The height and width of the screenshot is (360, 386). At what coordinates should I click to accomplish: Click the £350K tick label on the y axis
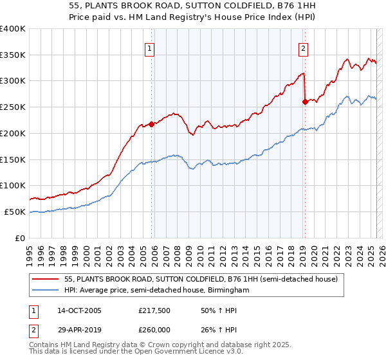13,55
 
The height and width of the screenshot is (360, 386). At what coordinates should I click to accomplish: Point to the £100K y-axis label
13,186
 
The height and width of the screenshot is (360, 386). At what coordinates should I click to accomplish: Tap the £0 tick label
20,238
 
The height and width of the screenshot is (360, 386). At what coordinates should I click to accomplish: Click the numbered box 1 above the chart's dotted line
149,48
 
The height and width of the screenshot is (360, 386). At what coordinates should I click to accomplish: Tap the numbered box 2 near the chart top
302,48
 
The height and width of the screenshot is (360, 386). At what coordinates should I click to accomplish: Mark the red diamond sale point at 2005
152,124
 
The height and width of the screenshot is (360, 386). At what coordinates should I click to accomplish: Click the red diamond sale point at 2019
305,102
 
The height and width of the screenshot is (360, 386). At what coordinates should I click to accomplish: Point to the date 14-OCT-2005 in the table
79,310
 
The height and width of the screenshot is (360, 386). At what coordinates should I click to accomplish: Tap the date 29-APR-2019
79,328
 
